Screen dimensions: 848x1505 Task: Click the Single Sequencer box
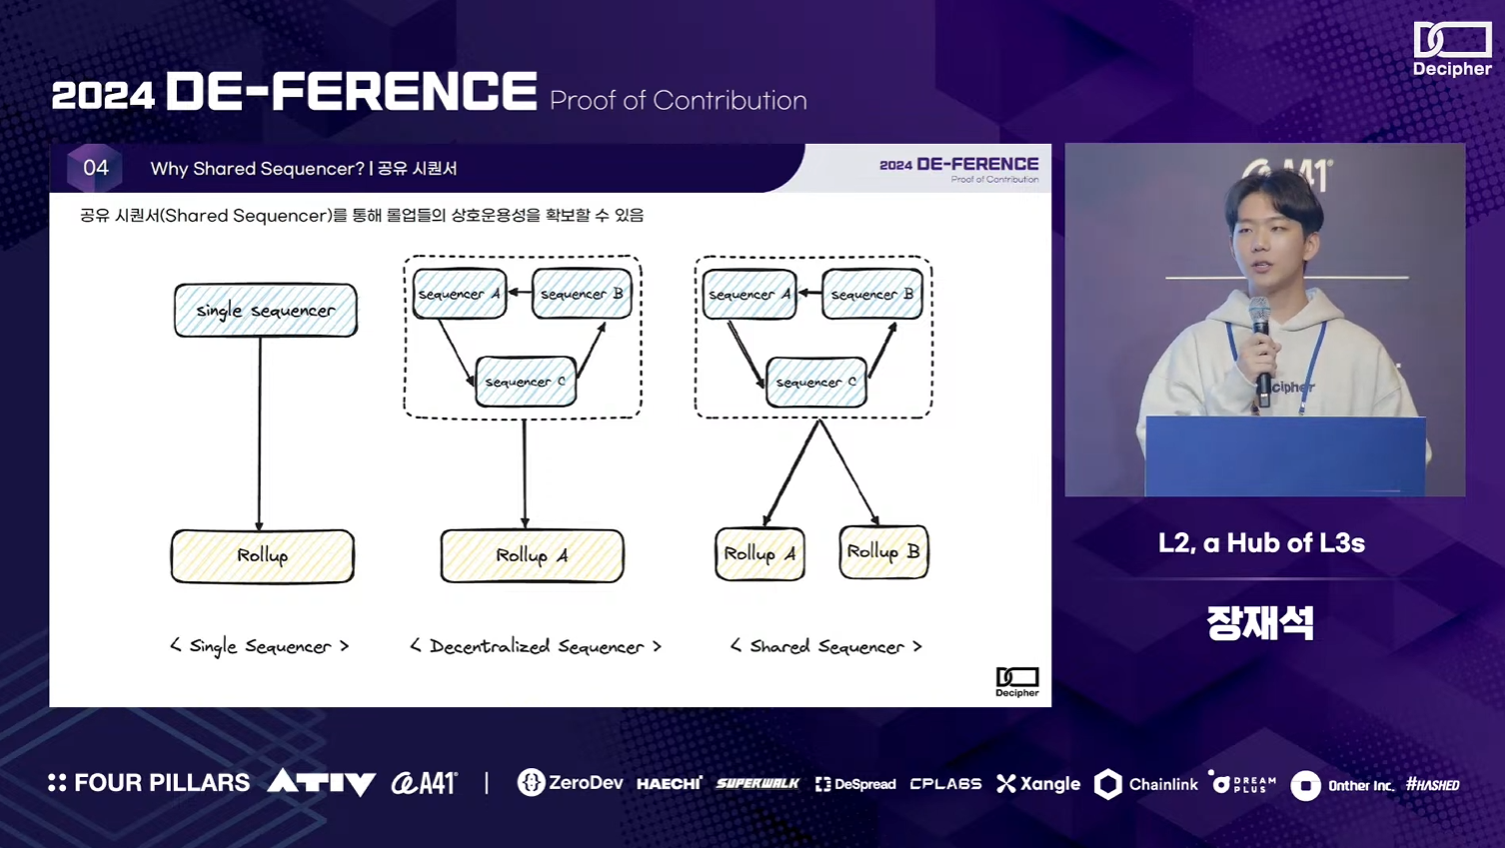265,310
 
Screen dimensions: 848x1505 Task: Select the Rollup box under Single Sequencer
262,555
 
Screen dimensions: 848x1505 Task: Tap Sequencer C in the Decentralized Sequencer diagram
526,382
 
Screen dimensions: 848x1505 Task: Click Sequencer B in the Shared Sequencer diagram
872,295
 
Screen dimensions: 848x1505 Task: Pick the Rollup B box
883,552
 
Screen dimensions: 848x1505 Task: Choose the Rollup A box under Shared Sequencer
759,554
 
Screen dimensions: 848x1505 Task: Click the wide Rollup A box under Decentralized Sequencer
532,555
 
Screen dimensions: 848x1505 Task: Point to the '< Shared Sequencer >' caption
825,646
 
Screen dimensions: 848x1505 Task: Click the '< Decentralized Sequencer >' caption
536,646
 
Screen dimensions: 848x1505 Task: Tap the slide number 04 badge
95,168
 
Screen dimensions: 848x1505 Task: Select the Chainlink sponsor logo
1146,784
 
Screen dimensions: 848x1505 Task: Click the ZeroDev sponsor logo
570,783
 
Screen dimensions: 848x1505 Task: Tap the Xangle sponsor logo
1038,784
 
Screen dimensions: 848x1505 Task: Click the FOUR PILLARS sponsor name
149,783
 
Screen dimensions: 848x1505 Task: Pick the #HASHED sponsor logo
1432,785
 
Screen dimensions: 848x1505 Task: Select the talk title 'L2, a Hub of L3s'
1261,543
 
